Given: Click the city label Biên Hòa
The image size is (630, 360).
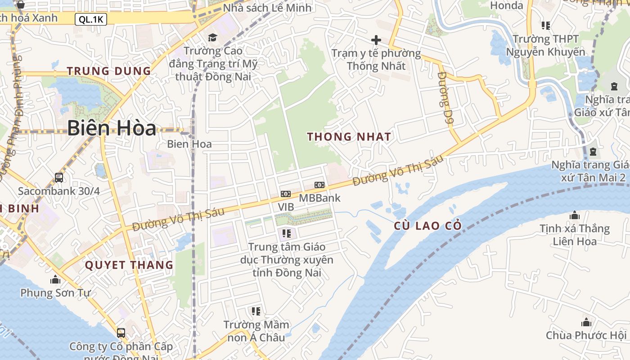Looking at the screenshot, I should tap(112, 128).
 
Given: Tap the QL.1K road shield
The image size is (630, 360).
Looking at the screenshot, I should tap(91, 19).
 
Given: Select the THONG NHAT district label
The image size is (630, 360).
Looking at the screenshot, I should tap(349, 137).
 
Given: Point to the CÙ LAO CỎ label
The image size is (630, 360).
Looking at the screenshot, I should tap(428, 226).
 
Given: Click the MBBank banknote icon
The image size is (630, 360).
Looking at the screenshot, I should tap(319, 185).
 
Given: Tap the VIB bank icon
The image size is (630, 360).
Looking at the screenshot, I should tap(285, 194).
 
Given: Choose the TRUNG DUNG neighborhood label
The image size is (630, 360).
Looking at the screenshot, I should tap(109, 71).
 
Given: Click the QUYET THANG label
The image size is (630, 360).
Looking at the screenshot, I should tap(129, 265).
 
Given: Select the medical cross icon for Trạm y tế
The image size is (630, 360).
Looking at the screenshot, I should tap(376, 40).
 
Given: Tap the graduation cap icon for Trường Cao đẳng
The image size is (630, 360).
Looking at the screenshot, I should tap(212, 37).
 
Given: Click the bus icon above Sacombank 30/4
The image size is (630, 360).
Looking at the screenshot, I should tap(59, 177).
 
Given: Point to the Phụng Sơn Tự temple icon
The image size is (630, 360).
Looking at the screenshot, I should tap(55, 279).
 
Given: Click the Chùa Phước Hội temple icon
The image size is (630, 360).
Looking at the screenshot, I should tap(586, 322).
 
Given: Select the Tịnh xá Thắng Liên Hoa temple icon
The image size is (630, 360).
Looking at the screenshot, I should tap(575, 216).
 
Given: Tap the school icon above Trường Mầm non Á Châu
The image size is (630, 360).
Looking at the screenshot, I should tap(256, 311).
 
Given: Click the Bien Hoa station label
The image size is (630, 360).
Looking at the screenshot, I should tap(189, 144).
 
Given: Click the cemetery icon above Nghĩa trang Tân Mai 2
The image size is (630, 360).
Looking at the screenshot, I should tap(593, 151).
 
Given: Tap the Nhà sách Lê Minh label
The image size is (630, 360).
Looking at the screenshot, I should tap(267, 8).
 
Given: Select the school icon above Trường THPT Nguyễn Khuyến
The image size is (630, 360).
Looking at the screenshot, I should tap(546, 25).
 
